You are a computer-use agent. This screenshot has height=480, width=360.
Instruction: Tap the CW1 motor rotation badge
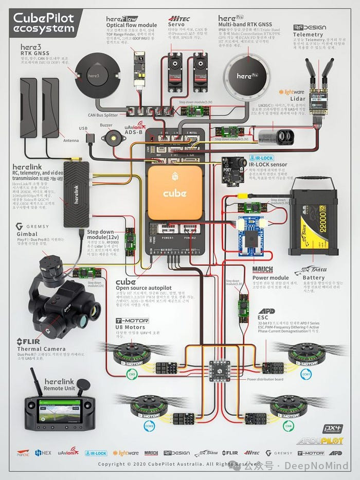tap(306, 374)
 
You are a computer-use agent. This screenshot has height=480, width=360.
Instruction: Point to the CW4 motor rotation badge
tap(288, 426)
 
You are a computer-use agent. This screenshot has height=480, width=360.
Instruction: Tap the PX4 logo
tap(332, 429)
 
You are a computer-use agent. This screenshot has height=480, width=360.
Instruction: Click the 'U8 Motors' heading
tap(130, 327)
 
